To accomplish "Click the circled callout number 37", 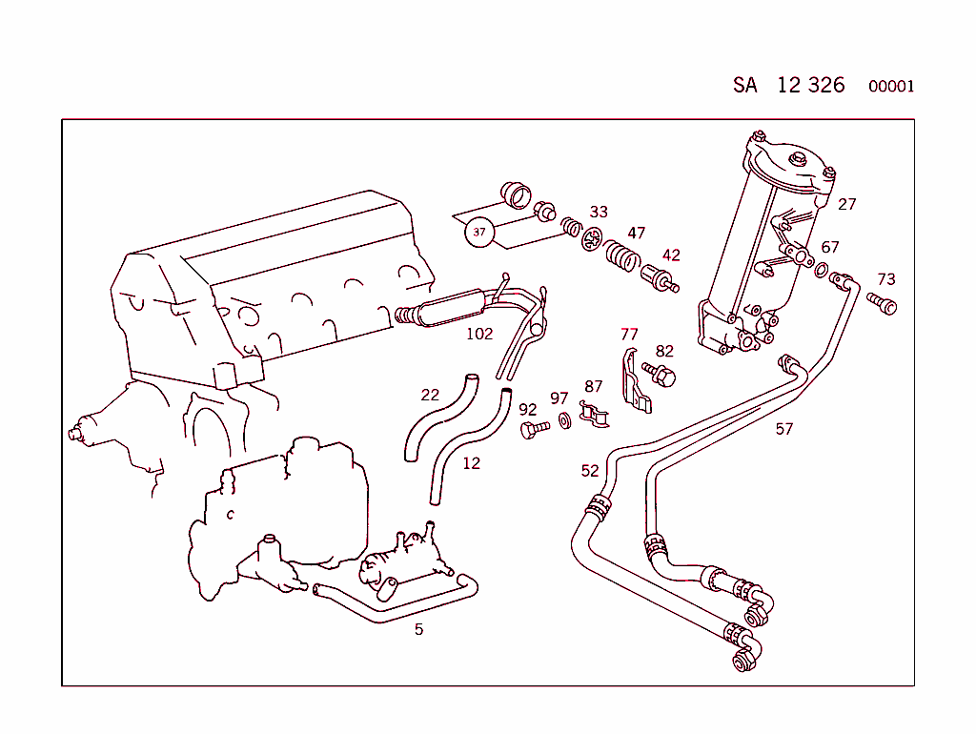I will [479, 232].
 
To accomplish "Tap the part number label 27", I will [847, 203].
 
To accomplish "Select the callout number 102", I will [479, 334].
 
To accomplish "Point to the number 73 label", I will [886, 279].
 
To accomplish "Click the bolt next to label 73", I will [883, 304].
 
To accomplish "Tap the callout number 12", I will [471, 463].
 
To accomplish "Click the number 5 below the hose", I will [418, 629].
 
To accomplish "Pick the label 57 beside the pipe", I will [783, 429].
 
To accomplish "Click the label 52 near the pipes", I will [590, 471].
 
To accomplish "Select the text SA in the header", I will [745, 85].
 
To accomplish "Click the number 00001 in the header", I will [891, 87].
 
